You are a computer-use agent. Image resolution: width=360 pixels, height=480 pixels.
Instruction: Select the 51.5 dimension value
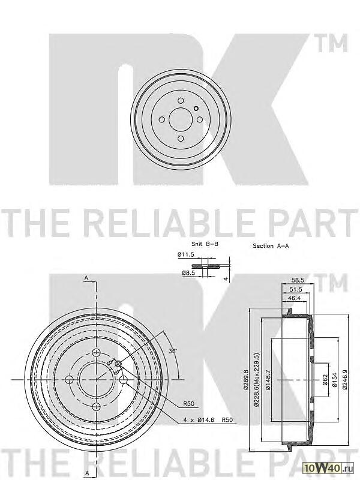[295, 289]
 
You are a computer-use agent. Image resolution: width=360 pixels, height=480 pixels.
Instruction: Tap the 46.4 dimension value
[295, 299]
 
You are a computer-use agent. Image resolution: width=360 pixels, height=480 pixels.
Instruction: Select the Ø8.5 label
[188, 273]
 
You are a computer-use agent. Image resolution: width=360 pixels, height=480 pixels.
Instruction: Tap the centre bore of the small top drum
[179, 119]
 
